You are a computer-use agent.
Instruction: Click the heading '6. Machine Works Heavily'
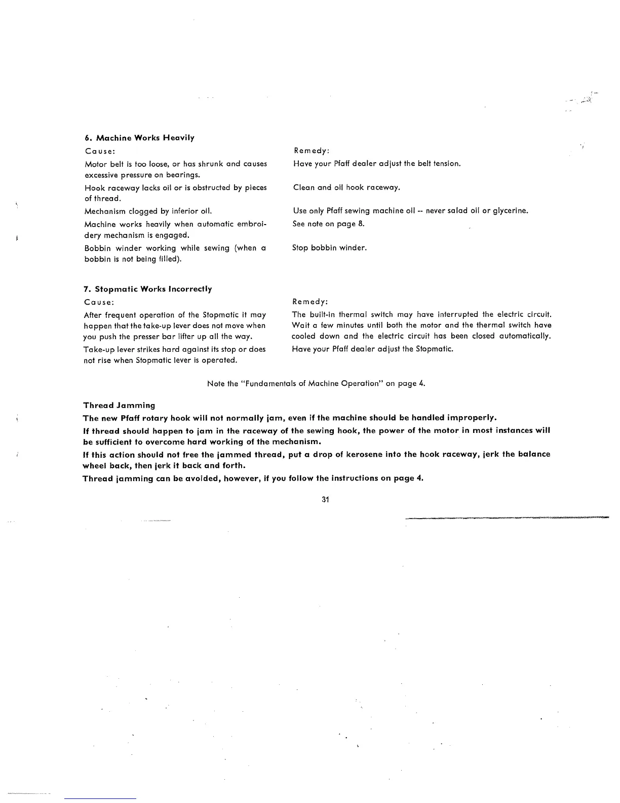139,138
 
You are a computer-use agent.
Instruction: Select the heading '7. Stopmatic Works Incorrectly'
148,289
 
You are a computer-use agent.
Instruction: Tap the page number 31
326,500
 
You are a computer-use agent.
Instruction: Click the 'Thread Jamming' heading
119,406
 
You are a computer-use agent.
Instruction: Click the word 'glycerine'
510,211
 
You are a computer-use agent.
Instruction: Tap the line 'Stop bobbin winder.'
330,248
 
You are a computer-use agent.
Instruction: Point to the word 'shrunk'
211,164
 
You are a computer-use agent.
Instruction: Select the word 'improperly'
471,418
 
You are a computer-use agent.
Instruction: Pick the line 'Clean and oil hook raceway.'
346,188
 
